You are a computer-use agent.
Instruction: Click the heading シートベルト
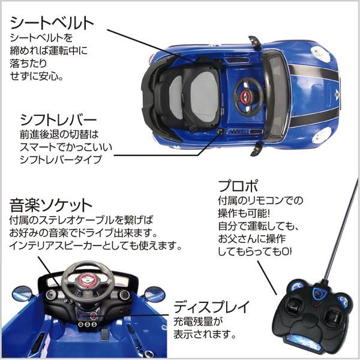tap(52, 23)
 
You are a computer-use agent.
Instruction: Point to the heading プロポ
tap(236, 184)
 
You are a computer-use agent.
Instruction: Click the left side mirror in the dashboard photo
tap(23, 294)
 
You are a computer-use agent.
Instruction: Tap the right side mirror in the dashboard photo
tap(154, 295)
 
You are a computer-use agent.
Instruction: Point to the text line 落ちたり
tap(28, 64)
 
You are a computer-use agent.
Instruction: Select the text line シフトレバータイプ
tap(60, 159)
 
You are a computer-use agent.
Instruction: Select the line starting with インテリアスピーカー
tap(96, 246)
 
